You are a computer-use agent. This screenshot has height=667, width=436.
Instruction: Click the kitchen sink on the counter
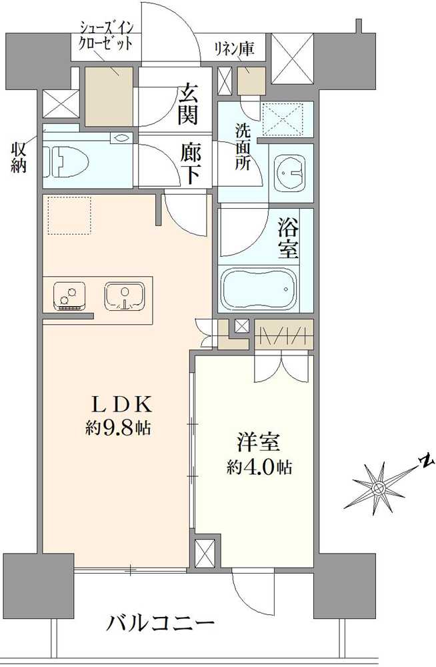123,295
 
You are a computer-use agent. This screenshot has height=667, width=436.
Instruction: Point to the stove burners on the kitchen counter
67,295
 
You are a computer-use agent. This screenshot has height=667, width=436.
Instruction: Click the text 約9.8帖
118,428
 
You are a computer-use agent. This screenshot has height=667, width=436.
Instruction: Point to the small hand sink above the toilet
121,139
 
